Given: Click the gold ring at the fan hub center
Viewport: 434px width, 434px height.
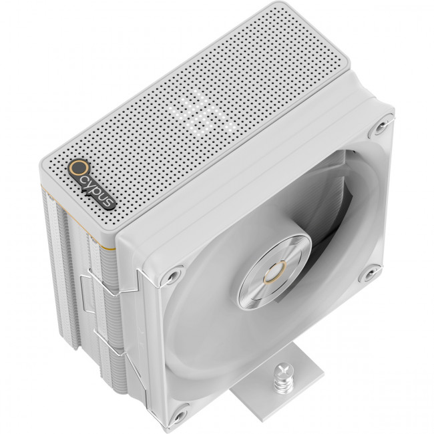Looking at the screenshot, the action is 275,274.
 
